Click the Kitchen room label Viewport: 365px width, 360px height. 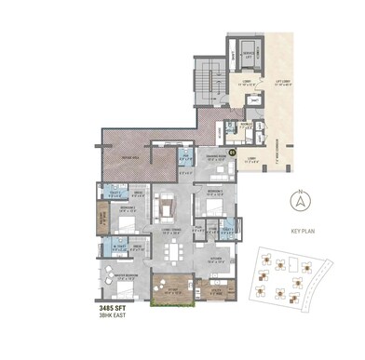[x=214, y=260]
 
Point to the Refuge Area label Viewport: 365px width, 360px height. [x=131, y=159]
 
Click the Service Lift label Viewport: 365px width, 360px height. [x=249, y=55]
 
